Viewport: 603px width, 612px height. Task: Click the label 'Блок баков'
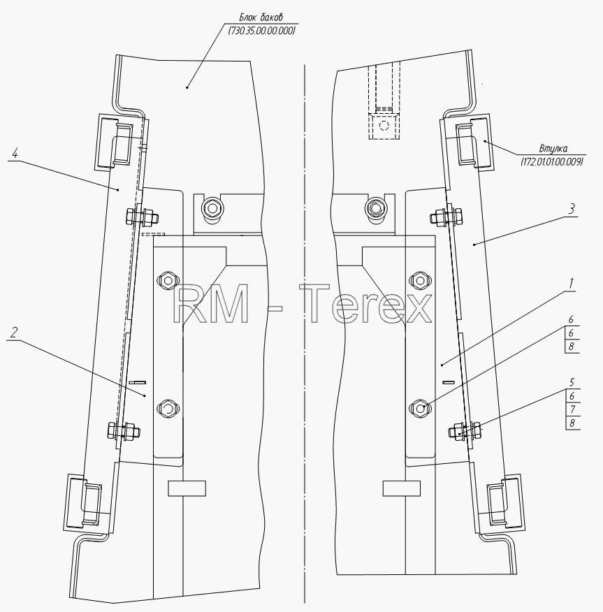pos(261,17)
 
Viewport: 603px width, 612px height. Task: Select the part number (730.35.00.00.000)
pos(261,31)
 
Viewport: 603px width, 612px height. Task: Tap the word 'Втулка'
pos(553,148)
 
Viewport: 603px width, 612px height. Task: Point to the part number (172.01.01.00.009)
pos(552,161)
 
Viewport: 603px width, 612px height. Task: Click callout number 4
pos(15,154)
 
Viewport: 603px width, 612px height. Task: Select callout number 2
pos(14,333)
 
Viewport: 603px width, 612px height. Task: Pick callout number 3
pos(572,209)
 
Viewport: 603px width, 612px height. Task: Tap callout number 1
pos(571,283)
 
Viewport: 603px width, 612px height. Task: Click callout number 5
pos(572,381)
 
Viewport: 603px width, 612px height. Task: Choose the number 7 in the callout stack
pos(572,409)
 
